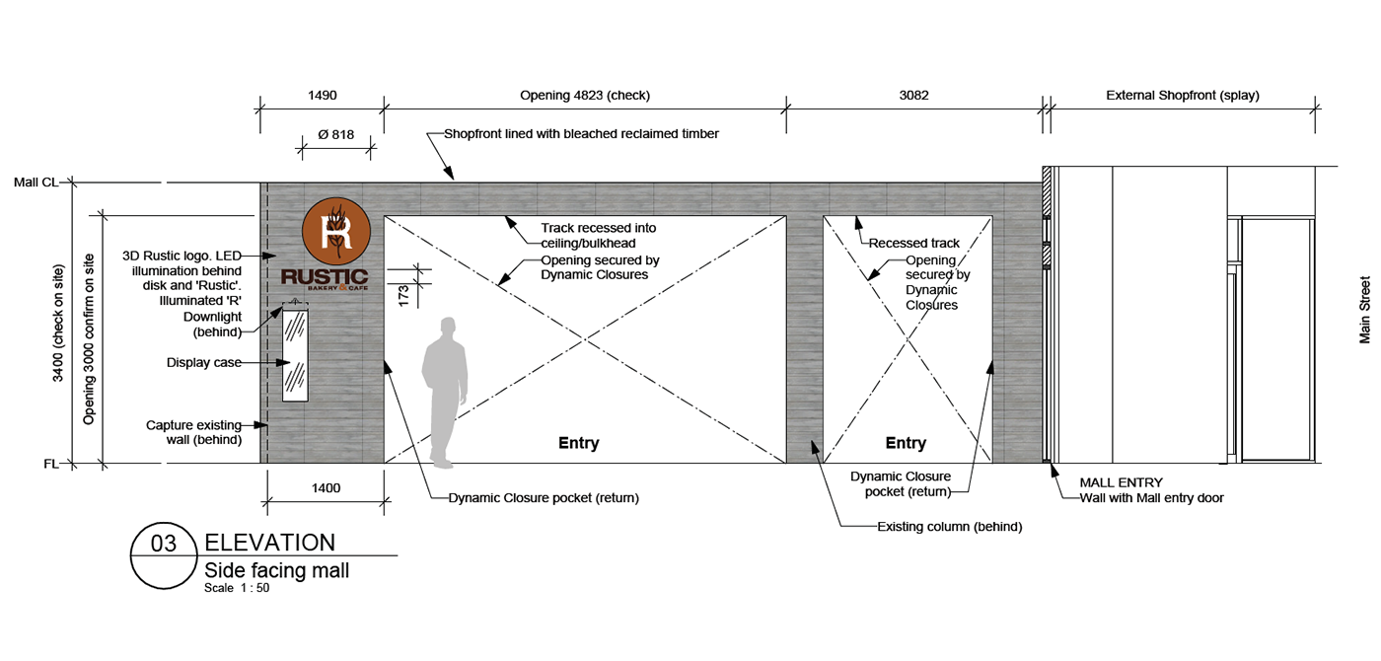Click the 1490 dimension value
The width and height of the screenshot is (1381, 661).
tap(323, 96)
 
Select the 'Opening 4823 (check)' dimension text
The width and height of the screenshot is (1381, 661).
tap(584, 96)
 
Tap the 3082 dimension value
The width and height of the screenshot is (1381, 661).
tap(913, 96)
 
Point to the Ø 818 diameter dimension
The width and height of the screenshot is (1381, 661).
tap(336, 134)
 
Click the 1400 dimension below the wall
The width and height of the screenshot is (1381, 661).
tap(326, 488)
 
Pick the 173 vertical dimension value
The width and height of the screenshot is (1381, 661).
tap(403, 295)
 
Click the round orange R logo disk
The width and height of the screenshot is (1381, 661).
tap(336, 232)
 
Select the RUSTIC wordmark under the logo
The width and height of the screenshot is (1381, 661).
tap(325, 277)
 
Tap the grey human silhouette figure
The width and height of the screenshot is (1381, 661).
tap(444, 393)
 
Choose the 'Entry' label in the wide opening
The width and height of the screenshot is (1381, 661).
tap(578, 443)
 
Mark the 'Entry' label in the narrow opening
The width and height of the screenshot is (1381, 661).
tap(906, 443)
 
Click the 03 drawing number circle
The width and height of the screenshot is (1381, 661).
tap(164, 555)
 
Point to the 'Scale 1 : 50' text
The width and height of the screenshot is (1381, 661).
tap(237, 588)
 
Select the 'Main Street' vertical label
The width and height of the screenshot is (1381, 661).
tap(1364, 310)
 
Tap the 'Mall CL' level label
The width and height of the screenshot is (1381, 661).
tap(36, 183)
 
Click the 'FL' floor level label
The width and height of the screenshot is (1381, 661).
tap(51, 464)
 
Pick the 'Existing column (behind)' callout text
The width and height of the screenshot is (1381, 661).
tap(949, 527)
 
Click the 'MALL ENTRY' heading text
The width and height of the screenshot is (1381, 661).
tap(1121, 482)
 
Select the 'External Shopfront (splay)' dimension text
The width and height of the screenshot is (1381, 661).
tap(1183, 96)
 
